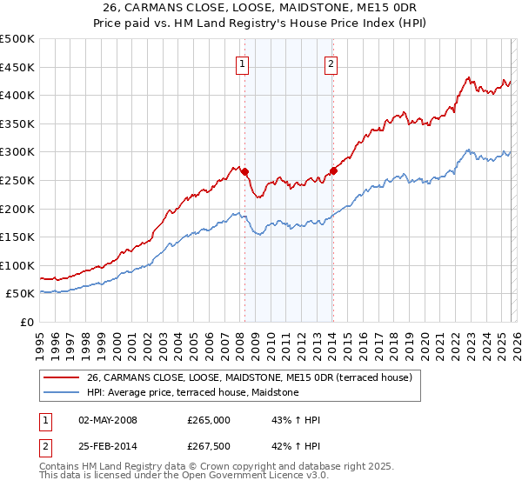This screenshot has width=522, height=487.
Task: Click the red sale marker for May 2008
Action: [244, 172]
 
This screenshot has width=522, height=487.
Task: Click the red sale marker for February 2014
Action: [333, 170]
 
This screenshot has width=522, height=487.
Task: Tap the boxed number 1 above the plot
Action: [241, 63]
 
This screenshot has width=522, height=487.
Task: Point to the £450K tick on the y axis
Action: [17, 67]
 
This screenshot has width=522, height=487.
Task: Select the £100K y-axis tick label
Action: [17, 265]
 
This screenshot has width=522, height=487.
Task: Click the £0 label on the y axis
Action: [28, 322]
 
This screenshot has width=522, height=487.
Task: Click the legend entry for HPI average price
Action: [192, 393]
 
